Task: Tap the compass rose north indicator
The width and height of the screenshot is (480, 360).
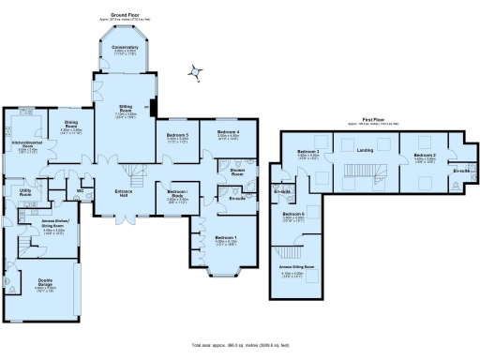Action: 195,71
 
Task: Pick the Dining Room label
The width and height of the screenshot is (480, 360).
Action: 71,124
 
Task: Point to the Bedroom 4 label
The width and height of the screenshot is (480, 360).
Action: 229,132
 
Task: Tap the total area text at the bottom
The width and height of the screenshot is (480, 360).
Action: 240,346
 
